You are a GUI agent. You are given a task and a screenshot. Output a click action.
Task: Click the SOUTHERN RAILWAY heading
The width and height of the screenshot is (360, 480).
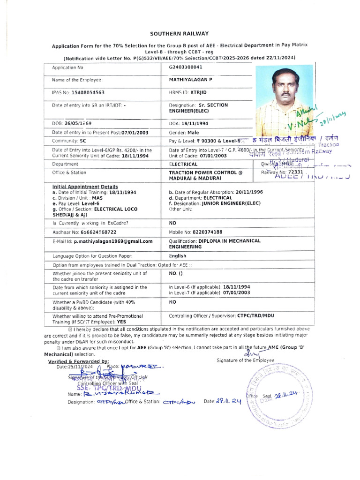click(x=179, y=34)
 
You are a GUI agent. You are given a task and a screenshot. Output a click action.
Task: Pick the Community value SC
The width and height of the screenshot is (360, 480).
click(x=83, y=141)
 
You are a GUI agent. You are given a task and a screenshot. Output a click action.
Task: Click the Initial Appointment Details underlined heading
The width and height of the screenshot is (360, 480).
click(x=85, y=187)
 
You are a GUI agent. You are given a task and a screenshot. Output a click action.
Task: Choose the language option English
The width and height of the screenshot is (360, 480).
click(x=178, y=256)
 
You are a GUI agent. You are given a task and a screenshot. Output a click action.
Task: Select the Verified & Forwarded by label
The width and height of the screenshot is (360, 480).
click(x=78, y=361)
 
